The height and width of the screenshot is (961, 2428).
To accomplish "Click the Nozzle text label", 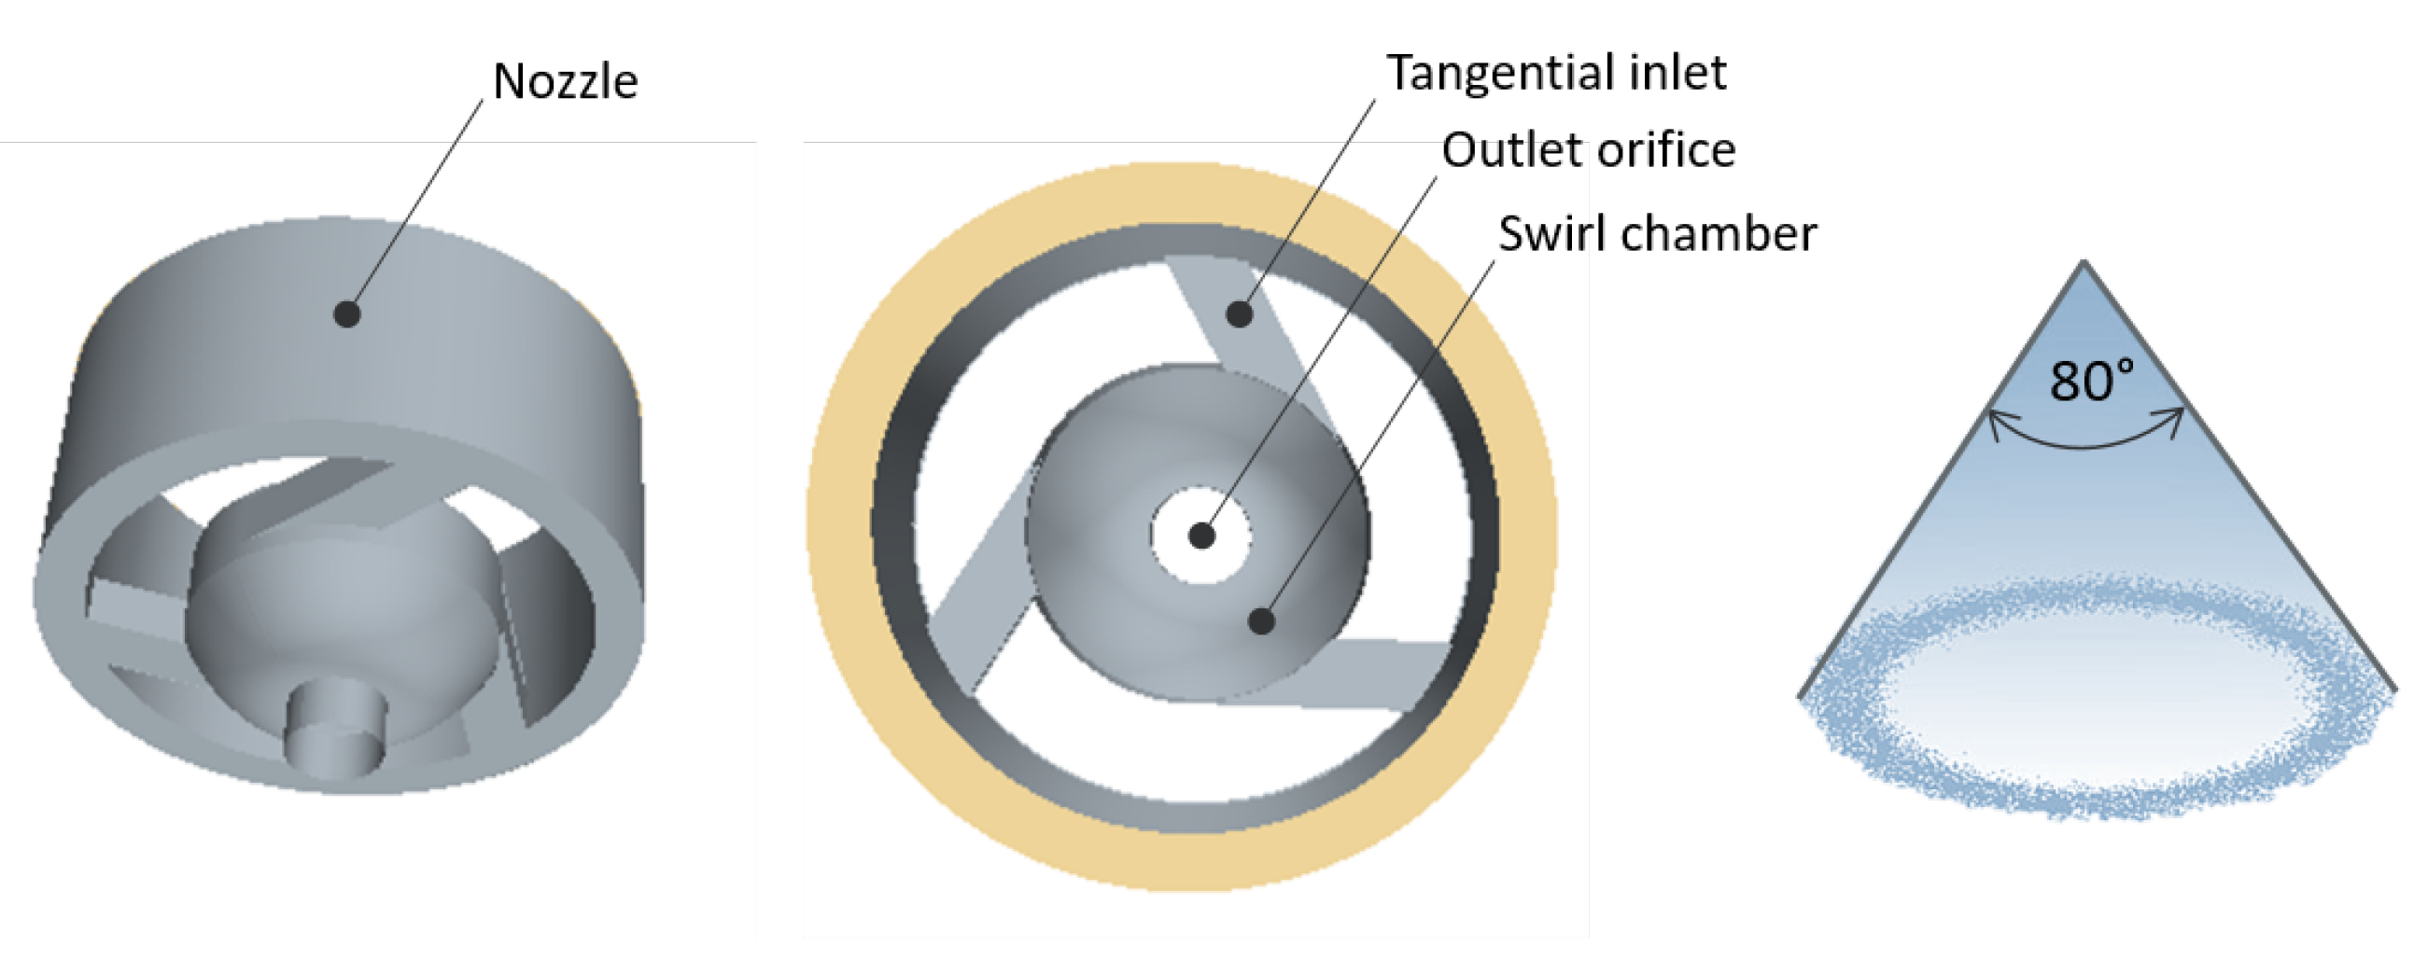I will click(566, 81).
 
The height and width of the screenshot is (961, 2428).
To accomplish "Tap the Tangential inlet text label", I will click(1556, 74).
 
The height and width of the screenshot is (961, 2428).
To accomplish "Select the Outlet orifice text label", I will click(1588, 150).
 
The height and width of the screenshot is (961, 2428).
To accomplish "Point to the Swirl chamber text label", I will click(1657, 233).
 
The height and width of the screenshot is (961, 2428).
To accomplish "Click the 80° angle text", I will click(2092, 382).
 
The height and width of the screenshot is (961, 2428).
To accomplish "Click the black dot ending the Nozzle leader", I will click(347, 313).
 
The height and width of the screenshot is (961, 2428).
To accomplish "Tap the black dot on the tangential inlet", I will click(1240, 313).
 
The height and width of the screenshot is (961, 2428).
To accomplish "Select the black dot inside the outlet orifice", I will click(1200, 536).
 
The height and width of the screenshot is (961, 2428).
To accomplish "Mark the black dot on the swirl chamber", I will click(1261, 620).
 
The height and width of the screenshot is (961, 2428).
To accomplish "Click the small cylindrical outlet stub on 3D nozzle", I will click(335, 730).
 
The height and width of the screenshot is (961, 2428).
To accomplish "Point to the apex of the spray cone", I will click(2084, 263).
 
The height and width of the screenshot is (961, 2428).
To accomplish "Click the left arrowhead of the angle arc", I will click(1995, 426).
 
